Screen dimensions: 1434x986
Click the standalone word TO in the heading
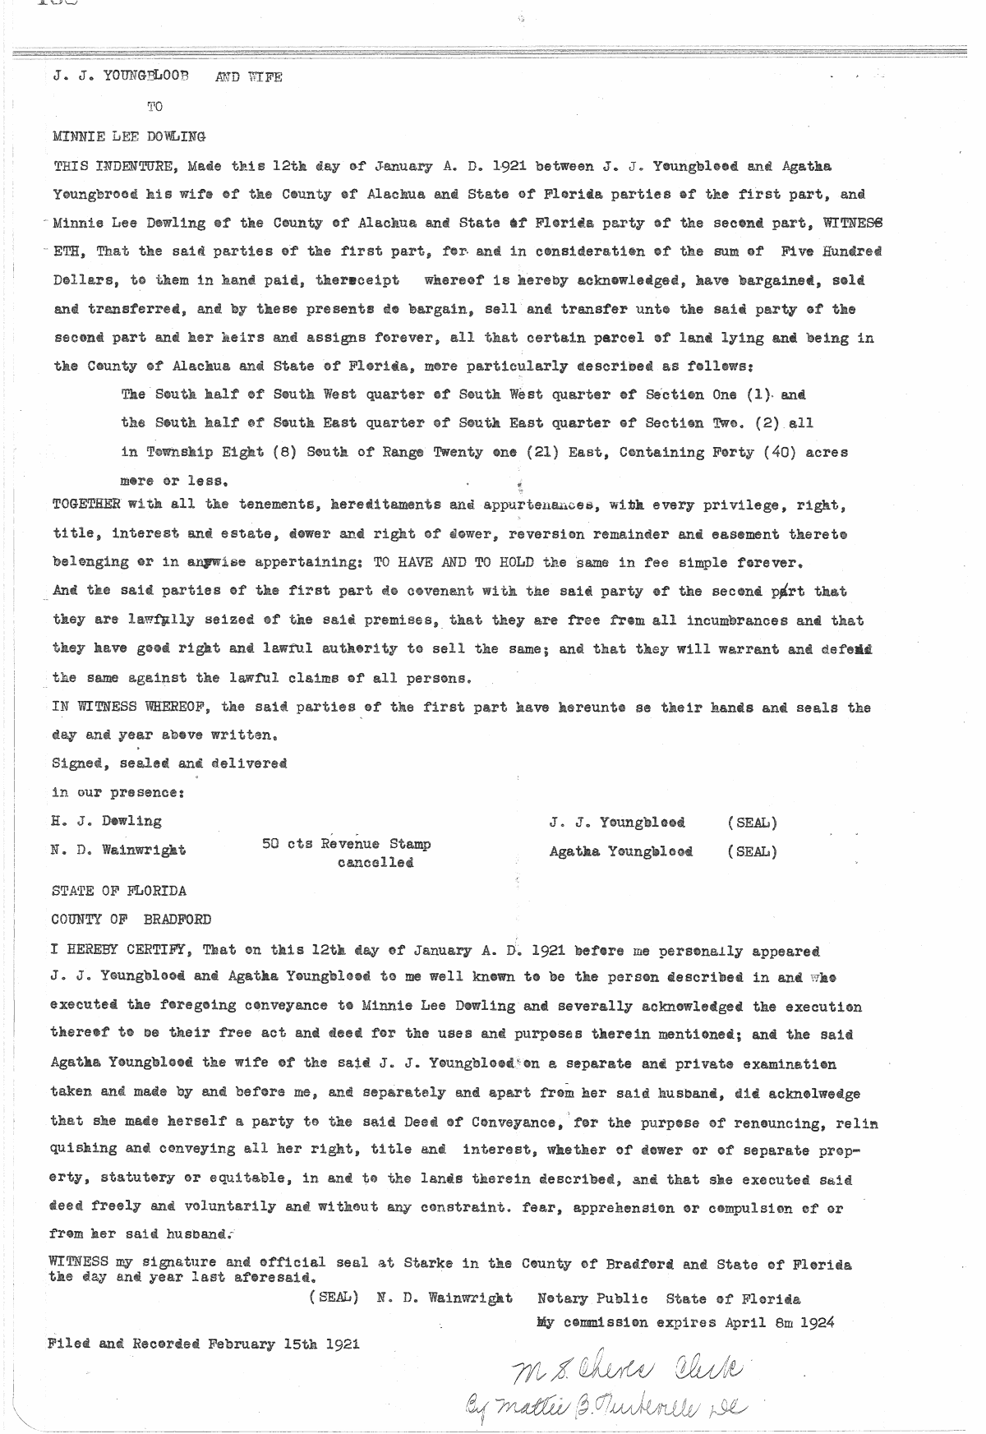coord(154,106)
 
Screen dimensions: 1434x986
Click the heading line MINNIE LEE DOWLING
coord(129,136)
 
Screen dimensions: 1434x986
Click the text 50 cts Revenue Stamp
coord(346,844)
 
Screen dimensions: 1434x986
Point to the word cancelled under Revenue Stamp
coord(376,863)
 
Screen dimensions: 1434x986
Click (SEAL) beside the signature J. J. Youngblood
coord(752,823)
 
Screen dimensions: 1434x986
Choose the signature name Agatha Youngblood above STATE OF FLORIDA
coord(620,851)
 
